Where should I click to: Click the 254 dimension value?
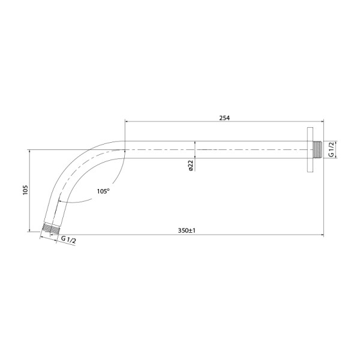pos(225,118)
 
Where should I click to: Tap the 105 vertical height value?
pos(25,190)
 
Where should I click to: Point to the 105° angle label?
pos(103,191)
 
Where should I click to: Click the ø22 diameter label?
pos(190,166)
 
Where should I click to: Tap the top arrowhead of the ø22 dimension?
pos(196,144)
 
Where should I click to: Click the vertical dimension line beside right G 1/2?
pos(336,149)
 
